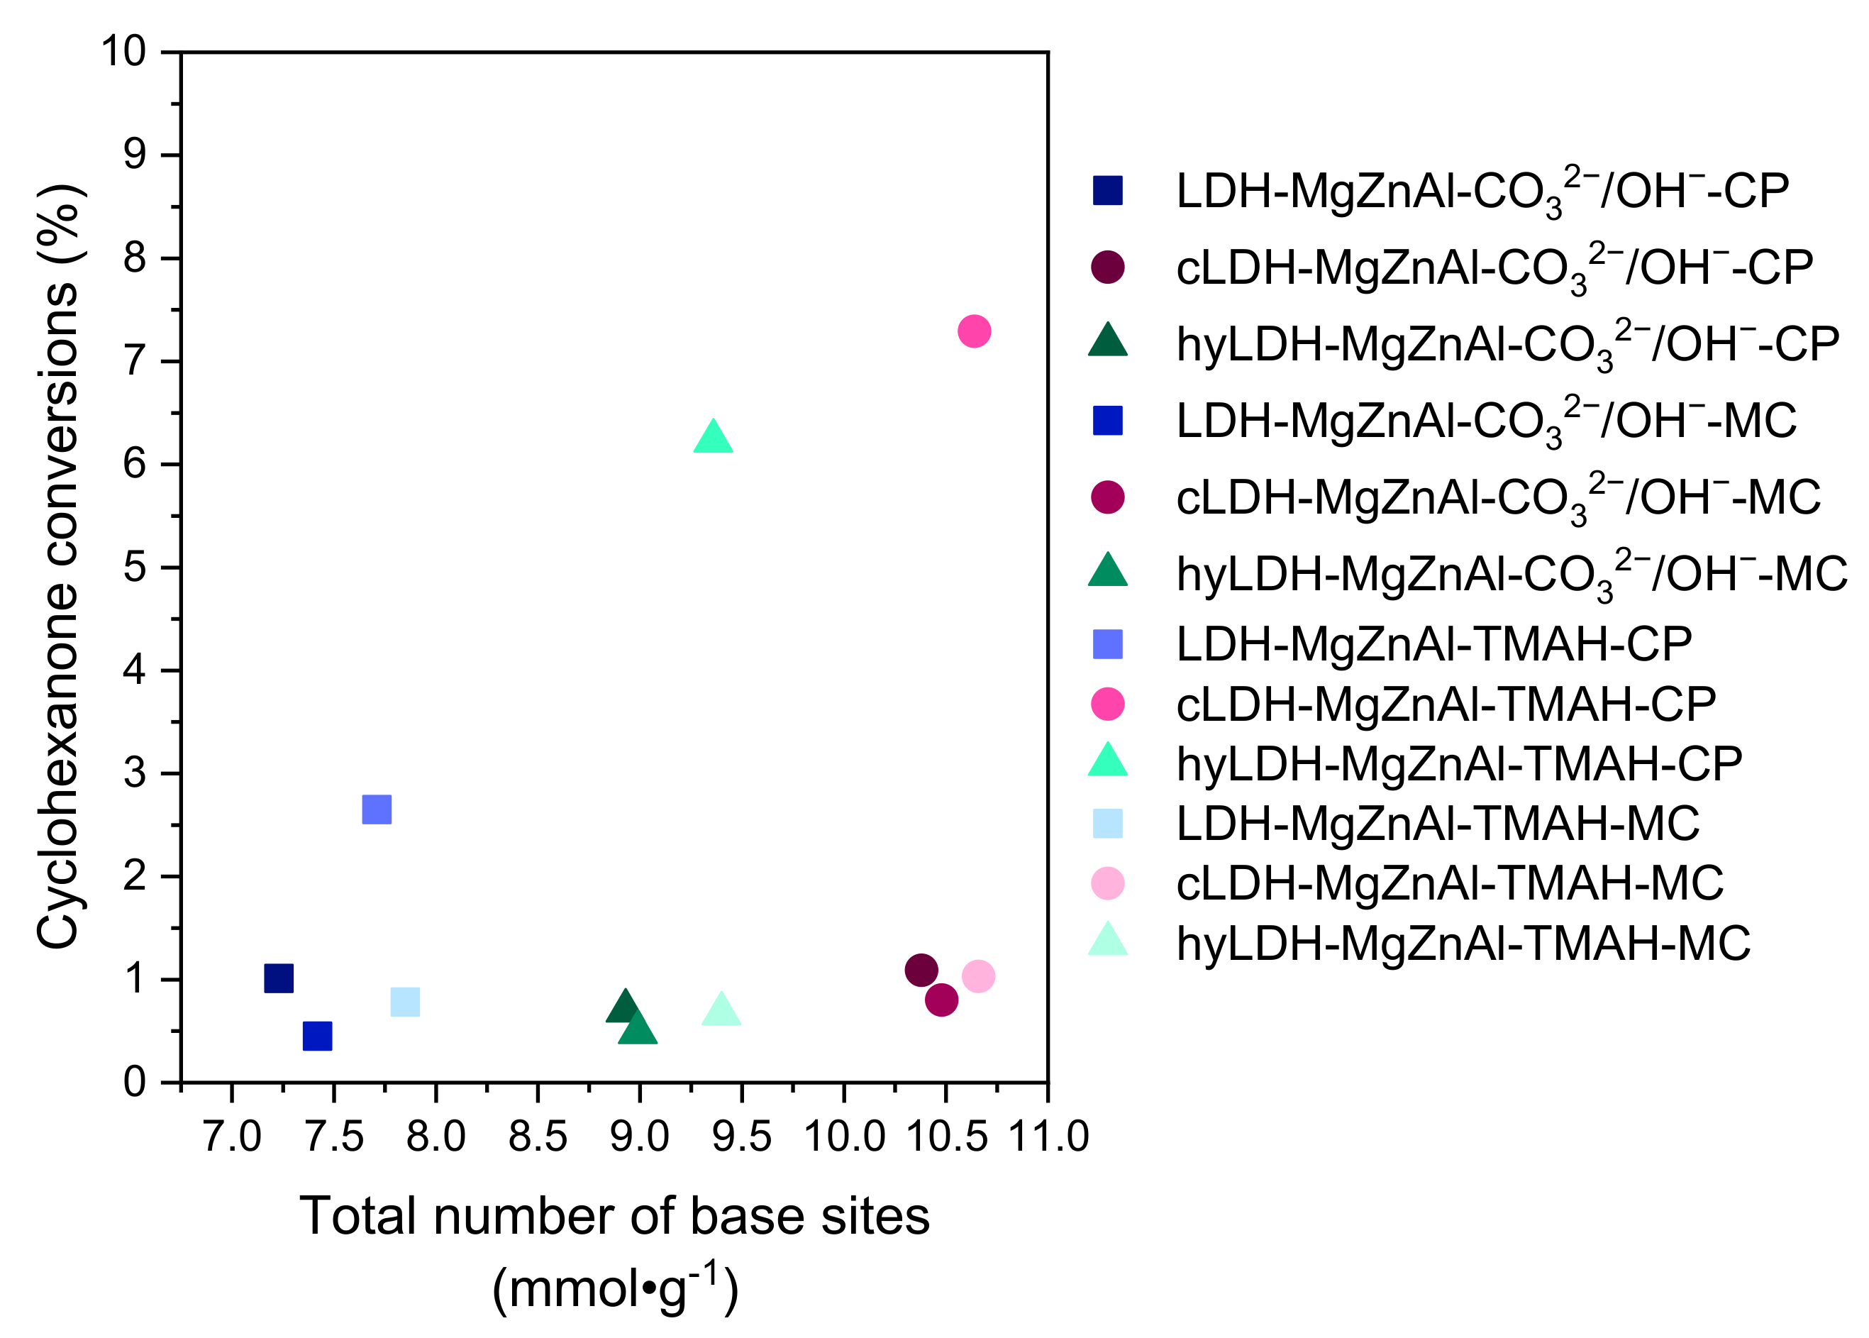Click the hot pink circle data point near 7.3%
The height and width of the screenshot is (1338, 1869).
pyautogui.click(x=974, y=331)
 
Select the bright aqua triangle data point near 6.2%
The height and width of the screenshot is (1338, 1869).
pyautogui.click(x=714, y=438)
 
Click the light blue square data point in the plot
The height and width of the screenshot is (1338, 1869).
pyautogui.click(x=404, y=1002)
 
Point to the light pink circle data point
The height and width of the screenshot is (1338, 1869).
pyautogui.click(x=977, y=976)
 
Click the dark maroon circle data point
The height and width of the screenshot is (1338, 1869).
pyautogui.click(x=921, y=971)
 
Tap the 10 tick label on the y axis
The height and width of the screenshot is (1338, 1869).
pyautogui.click(x=123, y=52)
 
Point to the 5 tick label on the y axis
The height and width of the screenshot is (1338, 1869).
pyautogui.click(x=134, y=568)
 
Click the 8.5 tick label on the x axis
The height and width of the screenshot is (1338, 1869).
pyautogui.click(x=537, y=1137)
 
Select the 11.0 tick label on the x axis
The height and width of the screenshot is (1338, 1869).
pyautogui.click(x=1048, y=1137)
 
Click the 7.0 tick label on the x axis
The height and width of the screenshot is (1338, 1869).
pyautogui.click(x=231, y=1137)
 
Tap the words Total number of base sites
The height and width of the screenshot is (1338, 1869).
pyautogui.click(x=614, y=1216)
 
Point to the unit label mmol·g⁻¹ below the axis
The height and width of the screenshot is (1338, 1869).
pyautogui.click(x=614, y=1289)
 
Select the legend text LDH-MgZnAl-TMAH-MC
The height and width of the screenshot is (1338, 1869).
pyautogui.click(x=1437, y=823)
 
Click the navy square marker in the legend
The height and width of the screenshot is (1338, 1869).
pyautogui.click(x=1107, y=190)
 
